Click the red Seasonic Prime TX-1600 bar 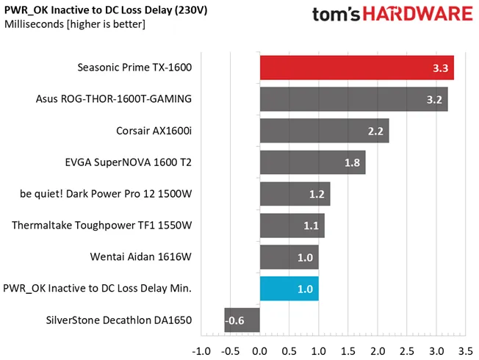(357, 68)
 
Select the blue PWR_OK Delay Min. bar (289, 289)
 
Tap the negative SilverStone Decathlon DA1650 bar (242, 320)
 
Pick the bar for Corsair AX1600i (325, 131)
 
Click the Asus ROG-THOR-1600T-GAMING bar (354, 99)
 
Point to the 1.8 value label (352, 162)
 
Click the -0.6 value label (234, 320)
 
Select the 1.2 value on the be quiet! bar (317, 194)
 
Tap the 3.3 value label (441, 68)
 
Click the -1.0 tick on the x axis (201, 351)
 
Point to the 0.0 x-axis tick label (260, 351)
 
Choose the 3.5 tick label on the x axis (466, 351)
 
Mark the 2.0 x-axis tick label (378, 351)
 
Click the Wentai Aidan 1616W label (141, 256)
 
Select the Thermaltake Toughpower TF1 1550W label (101, 226)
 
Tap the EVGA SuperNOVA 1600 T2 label (129, 162)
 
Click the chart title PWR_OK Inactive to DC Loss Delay (106, 10)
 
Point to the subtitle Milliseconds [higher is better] (75, 24)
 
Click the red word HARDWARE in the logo (418, 14)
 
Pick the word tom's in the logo (336, 14)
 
